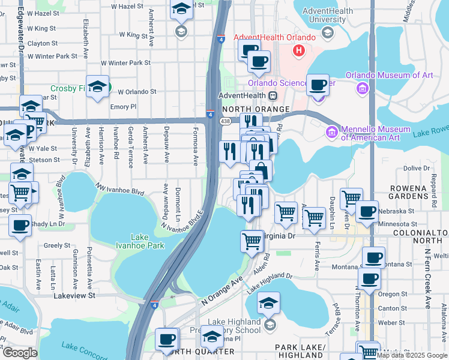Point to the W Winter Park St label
pos(125,62)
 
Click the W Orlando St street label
pos(137,92)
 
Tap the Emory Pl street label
pos(124,106)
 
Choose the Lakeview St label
pos(74,295)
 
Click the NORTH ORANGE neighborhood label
pos(256,110)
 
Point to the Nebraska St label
pos(399,211)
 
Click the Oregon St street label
pos(393,294)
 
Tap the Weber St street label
pos(393,322)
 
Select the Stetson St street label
pos(43,160)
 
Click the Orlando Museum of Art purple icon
pos(362,89)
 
